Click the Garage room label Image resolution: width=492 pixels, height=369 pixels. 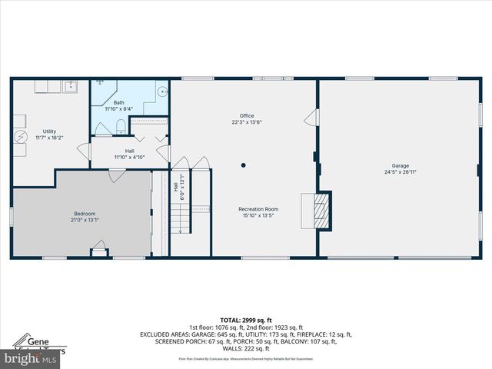(x=400, y=165)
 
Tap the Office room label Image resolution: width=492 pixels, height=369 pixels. (x=246, y=116)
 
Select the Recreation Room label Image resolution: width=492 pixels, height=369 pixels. (x=258, y=209)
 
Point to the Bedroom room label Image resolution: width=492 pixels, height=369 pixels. (x=85, y=214)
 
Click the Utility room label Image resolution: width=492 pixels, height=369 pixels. (x=49, y=131)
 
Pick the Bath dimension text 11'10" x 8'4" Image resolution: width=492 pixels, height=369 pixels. (x=119, y=108)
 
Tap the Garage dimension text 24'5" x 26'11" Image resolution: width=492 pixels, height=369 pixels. (x=400, y=172)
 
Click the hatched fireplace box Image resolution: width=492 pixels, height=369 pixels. (x=324, y=209)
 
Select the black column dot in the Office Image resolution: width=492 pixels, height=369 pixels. (x=244, y=164)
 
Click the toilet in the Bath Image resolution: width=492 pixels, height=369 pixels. (x=121, y=125)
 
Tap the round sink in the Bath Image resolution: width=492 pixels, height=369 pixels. (x=162, y=91)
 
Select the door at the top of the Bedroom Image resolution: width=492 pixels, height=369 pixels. (x=117, y=176)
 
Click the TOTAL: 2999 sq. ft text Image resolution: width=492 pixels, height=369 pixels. (x=246, y=320)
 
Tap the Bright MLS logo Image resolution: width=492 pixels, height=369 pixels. (x=31, y=358)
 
